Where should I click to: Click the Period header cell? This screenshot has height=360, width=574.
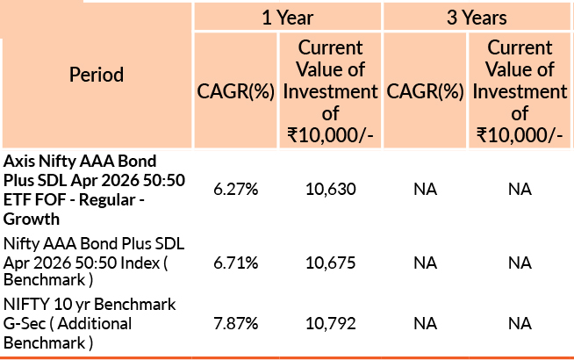point(97,75)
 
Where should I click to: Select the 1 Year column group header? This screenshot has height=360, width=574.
point(287,17)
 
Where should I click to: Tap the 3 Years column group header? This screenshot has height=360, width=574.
point(477,17)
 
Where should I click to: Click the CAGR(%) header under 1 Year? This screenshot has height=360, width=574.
point(235,90)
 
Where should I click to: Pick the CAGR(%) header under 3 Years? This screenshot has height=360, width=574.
point(425,90)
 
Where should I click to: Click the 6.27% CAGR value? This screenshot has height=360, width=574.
point(235,190)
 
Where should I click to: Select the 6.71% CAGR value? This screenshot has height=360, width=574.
point(235,263)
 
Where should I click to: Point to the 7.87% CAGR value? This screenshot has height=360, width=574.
point(235,323)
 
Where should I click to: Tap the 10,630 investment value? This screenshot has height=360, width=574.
point(331,190)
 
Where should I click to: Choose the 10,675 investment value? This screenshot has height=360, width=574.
point(331,263)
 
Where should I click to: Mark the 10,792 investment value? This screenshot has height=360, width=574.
point(331,323)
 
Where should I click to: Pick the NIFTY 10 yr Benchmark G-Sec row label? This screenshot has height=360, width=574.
point(90,323)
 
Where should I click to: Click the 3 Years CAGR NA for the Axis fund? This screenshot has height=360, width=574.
point(425,190)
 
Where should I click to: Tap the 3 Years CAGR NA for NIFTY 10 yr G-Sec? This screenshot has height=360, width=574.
point(425,323)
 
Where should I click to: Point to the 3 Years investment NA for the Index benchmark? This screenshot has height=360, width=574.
point(520,263)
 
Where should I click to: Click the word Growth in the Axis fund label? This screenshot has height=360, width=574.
point(30,219)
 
